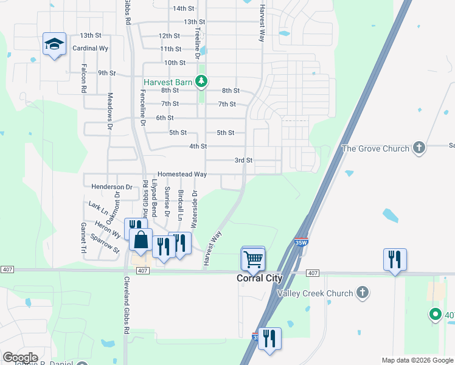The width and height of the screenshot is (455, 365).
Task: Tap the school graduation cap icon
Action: tap(54, 44)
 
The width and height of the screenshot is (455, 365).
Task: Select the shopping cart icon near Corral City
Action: tap(253, 260)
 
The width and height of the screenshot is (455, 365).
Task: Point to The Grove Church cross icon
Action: tap(418, 148)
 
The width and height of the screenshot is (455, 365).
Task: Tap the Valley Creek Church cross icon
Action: tap(363, 293)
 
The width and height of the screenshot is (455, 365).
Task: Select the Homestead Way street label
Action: tap(182, 175)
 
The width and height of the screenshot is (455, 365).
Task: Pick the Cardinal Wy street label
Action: tap(91, 47)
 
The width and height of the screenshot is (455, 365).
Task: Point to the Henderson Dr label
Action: tap(111, 187)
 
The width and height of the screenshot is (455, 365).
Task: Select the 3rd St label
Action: tap(244, 160)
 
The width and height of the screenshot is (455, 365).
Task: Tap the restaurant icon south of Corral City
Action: tap(269, 338)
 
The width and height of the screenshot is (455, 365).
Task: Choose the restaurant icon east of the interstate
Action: tap(395, 260)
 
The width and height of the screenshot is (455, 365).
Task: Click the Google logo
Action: tap(21, 357)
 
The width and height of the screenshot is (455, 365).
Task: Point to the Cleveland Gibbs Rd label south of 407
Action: tap(127, 311)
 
